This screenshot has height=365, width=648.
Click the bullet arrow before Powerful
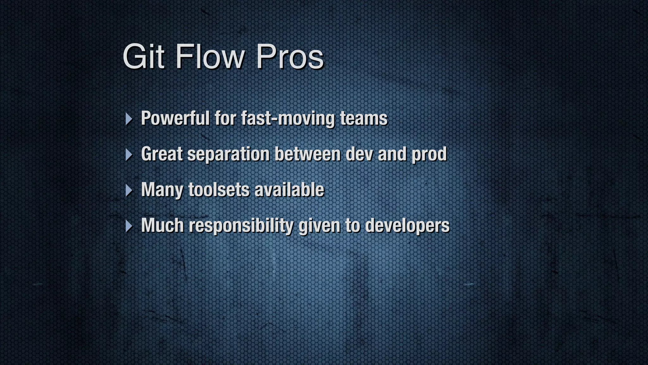128,119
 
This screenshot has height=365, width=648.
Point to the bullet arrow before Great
128,155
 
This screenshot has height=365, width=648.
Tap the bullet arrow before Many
128,190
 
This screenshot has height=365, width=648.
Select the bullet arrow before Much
128,226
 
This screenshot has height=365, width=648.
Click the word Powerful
175,118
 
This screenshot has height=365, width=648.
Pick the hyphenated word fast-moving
288,118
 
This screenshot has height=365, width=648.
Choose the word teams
364,118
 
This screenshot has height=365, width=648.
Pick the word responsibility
241,226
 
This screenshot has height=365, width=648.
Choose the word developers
407,226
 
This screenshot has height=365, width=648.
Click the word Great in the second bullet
162,154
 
